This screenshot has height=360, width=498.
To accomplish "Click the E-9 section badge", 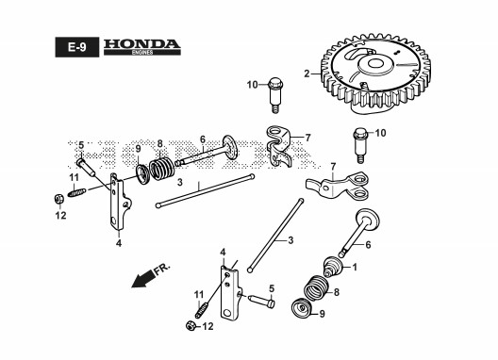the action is click(76, 47).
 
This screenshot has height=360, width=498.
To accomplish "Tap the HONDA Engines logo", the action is click(142, 47).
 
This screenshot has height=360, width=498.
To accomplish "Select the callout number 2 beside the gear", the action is click(307, 74).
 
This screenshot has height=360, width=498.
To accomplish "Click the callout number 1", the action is click(355, 268).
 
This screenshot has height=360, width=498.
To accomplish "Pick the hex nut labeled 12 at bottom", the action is click(190, 326).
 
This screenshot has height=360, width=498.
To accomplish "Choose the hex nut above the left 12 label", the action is click(58, 199).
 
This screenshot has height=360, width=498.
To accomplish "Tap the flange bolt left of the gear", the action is click(275, 94).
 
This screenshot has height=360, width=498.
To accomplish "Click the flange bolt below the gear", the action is click(360, 145).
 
